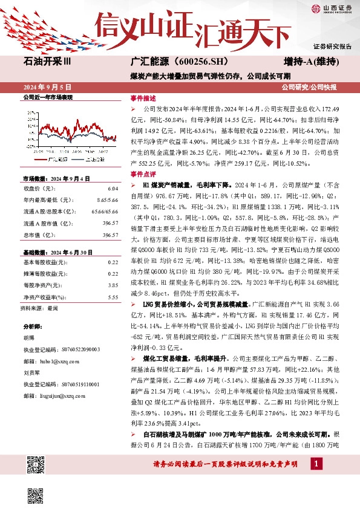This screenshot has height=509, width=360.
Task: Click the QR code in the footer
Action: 36,466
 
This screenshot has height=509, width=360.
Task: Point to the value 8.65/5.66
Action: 106,198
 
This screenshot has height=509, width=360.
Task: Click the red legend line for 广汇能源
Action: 40,159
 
